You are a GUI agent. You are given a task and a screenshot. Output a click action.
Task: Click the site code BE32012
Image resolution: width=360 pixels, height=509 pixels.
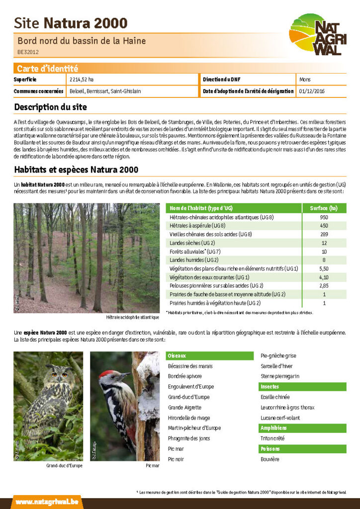[28, 52]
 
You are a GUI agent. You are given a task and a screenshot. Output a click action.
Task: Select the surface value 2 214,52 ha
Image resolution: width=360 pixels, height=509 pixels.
[82, 80]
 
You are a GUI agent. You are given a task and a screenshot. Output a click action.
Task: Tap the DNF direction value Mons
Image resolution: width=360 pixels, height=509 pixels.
[305, 80]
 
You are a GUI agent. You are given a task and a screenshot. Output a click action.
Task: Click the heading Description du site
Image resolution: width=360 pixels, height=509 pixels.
[50, 107]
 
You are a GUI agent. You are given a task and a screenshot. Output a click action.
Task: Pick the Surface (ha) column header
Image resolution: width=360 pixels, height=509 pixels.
[324, 208]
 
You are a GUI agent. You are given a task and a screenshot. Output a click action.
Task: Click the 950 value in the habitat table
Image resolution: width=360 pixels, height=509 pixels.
[324, 217]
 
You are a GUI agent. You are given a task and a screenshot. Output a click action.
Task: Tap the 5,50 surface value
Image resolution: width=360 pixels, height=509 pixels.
[324, 268]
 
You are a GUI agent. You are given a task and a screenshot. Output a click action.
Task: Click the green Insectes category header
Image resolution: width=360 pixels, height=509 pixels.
[270, 387]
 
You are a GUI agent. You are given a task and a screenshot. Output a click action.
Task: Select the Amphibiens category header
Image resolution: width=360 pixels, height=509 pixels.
[273, 428]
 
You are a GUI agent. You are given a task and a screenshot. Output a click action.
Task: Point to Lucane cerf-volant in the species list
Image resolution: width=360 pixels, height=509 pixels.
[280, 418]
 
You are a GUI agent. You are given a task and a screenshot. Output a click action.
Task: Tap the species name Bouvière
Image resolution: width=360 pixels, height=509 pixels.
[270, 459]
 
